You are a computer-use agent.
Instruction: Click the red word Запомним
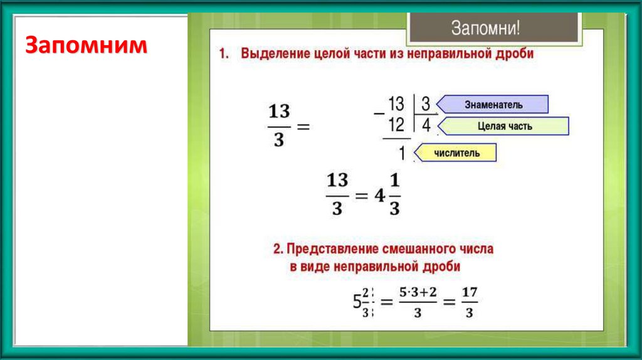pyautogui.click(x=87, y=46)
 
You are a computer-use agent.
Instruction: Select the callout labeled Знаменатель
pyautogui.click(x=493, y=104)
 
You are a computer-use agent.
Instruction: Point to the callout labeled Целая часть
pyautogui.click(x=503, y=126)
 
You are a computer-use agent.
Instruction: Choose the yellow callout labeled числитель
pyautogui.click(x=457, y=152)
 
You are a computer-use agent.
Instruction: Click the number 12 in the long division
pyautogui.click(x=396, y=124)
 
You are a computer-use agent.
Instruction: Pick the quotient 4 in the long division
pyautogui.click(x=426, y=125)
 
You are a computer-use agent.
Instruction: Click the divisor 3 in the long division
pyautogui.click(x=425, y=103)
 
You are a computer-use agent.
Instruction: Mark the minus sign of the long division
pyautogui.click(x=378, y=114)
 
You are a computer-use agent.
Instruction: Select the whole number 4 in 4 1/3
pyautogui.click(x=379, y=195)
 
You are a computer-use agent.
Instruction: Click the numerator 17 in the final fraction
pyautogui.click(x=468, y=292)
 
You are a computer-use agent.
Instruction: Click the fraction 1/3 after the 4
pyautogui.click(x=394, y=195)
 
